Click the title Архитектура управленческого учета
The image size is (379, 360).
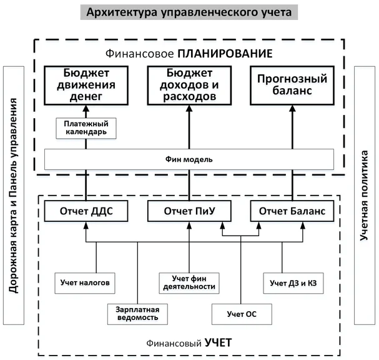189,12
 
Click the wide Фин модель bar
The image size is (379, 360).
190,159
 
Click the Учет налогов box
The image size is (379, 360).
85,282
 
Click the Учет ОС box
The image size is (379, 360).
242,313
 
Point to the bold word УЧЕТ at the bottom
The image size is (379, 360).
219,342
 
